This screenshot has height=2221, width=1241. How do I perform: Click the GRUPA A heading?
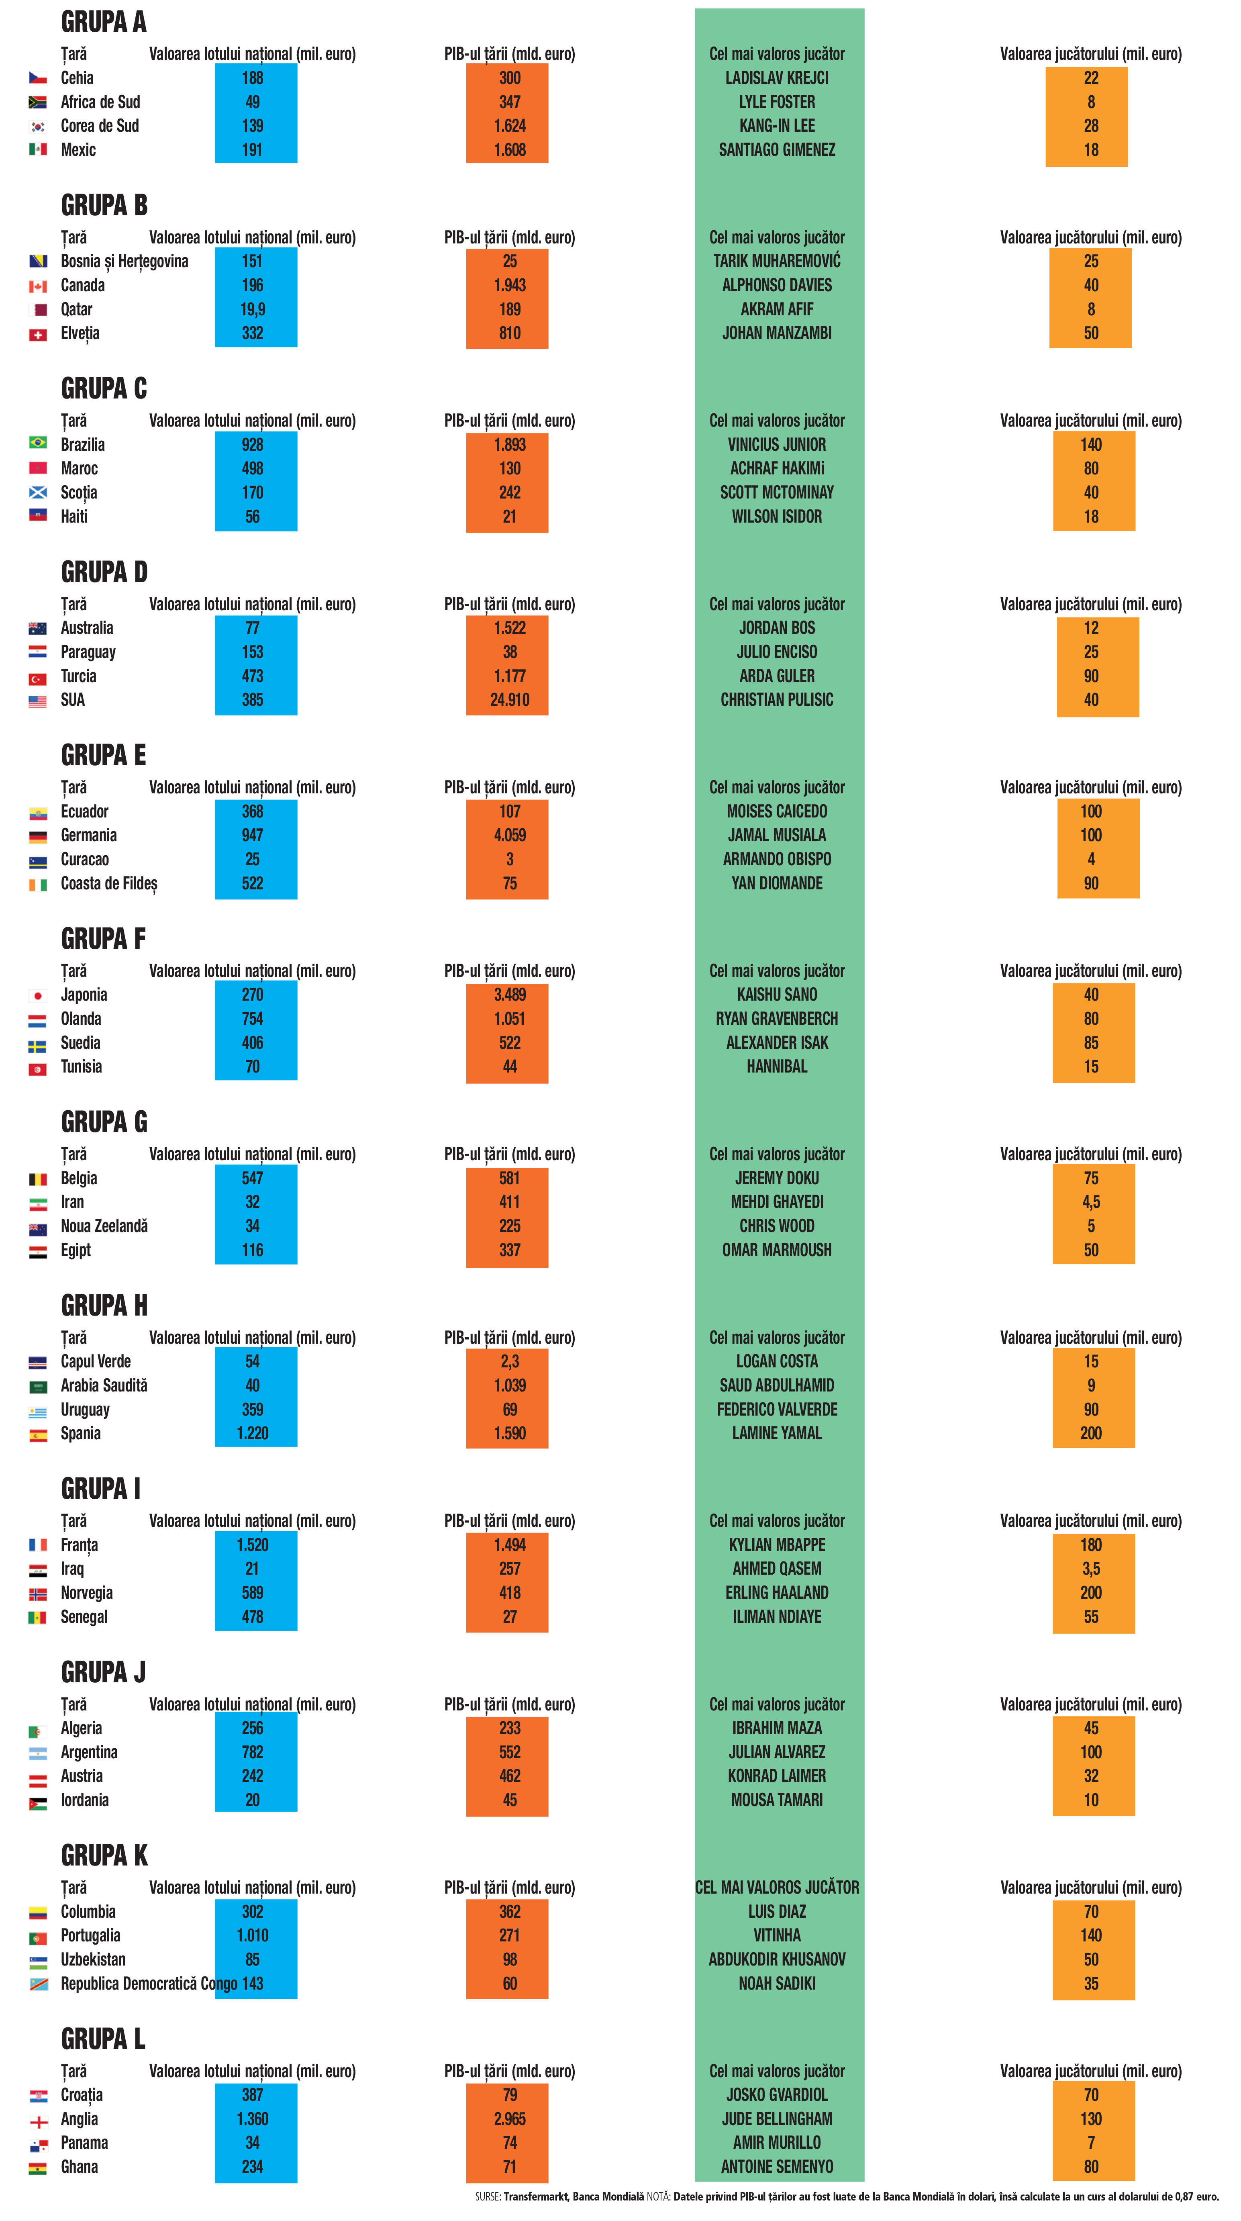(x=104, y=22)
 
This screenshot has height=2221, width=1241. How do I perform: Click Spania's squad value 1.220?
(x=253, y=1433)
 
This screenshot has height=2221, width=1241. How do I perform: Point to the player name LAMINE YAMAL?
(x=776, y=1433)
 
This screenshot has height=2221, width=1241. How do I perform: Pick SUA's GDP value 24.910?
(x=509, y=699)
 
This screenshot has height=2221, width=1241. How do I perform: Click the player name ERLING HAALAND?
(x=776, y=1592)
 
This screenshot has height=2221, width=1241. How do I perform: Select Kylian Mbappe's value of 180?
(x=1091, y=1544)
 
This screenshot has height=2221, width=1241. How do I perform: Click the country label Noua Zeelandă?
(x=104, y=1225)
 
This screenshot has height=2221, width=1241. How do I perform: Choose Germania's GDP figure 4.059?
(x=509, y=835)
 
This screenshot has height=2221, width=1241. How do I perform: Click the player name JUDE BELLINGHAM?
(x=776, y=2119)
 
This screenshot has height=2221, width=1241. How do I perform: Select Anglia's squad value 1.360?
(x=253, y=2119)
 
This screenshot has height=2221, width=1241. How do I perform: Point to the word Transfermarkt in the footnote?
(x=536, y=2196)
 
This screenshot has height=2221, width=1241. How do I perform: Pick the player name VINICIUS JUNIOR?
(x=776, y=444)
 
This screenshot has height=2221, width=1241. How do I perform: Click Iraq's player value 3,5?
(x=1091, y=1568)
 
